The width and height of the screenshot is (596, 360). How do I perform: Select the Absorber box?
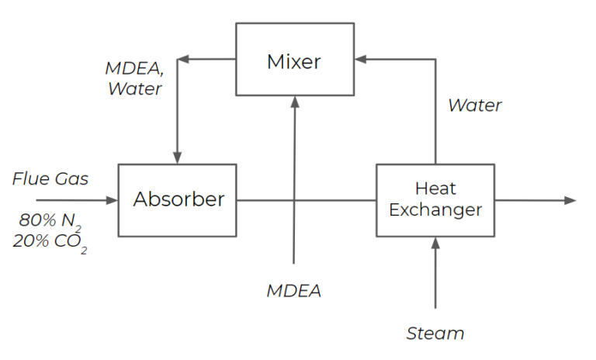177,199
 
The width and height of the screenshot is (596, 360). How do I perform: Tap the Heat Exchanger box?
435,199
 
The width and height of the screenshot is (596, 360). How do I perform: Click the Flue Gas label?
50,179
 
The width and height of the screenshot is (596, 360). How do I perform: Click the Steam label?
435,334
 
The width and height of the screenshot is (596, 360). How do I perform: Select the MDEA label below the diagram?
293,291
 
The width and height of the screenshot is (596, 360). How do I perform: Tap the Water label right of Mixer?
475,106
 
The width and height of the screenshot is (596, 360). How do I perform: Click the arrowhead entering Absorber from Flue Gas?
113,200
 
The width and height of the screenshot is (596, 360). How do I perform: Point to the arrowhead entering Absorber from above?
177,158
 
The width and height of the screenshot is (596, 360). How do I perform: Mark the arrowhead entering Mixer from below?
294,100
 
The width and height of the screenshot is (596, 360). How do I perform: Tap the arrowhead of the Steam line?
435,242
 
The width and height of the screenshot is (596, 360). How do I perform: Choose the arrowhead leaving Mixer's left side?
182,58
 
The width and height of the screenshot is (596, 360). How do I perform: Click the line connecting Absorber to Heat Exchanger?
307,200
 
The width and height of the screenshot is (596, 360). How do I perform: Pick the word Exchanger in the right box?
435,209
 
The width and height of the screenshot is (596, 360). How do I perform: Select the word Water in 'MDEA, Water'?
135,88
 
